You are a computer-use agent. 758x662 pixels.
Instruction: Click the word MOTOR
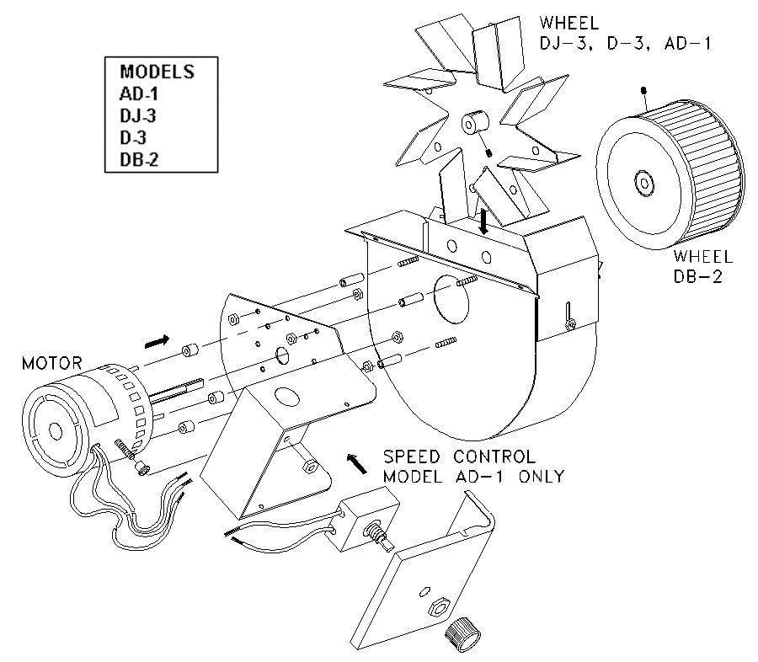52,364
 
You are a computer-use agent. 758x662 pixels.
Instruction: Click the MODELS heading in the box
157,72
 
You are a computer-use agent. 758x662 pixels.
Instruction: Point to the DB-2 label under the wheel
703,274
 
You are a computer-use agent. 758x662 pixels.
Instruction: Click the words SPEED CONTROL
458,457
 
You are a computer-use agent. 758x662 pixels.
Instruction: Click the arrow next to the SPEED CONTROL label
355,460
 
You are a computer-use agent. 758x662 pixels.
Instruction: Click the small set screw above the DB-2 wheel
644,89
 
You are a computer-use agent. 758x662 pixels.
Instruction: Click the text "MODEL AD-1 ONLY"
473,477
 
